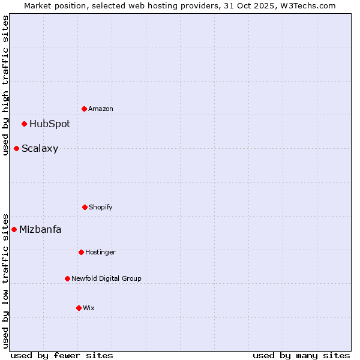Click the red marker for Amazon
click(x=85, y=109)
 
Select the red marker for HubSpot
click(x=25, y=124)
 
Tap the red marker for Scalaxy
click(x=17, y=148)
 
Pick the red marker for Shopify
click(x=85, y=207)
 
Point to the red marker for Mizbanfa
click(x=14, y=229)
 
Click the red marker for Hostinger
click(x=81, y=252)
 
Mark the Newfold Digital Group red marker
click(x=67, y=278)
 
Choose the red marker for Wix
click(x=79, y=308)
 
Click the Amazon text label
click(x=101, y=109)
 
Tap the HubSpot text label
click(x=50, y=124)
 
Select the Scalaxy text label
click(x=40, y=148)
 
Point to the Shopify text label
click(x=101, y=207)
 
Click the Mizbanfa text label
click(x=40, y=229)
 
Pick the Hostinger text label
click(x=100, y=252)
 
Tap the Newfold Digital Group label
click(x=106, y=278)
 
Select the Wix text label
click(x=89, y=308)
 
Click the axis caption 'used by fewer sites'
click(x=62, y=355)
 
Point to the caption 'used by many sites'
click(x=301, y=355)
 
